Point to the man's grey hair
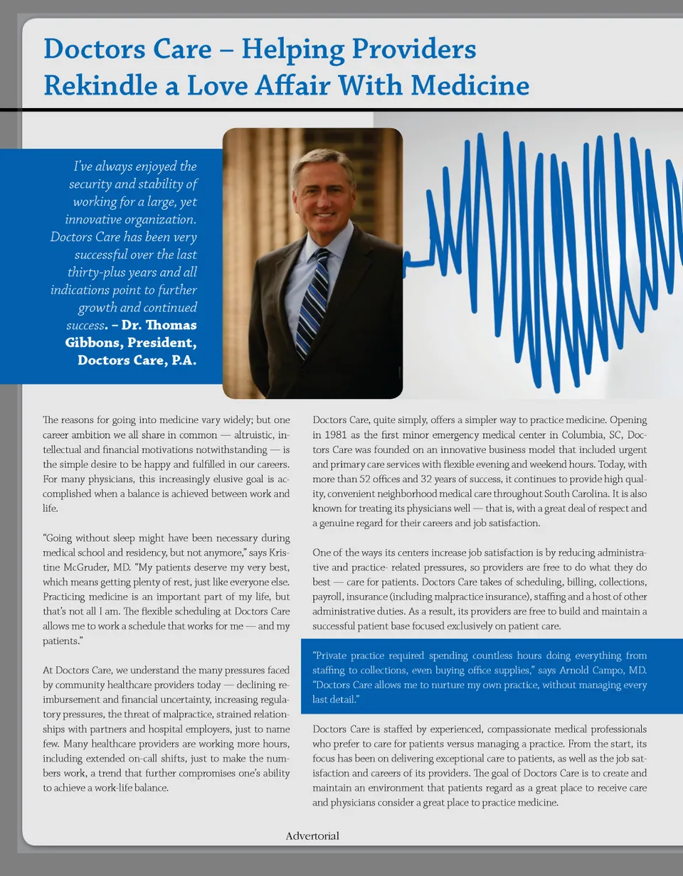click(x=324, y=160)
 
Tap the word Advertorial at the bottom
click(x=312, y=835)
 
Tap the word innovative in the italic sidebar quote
click(x=95, y=218)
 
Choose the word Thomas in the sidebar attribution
click(x=168, y=326)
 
